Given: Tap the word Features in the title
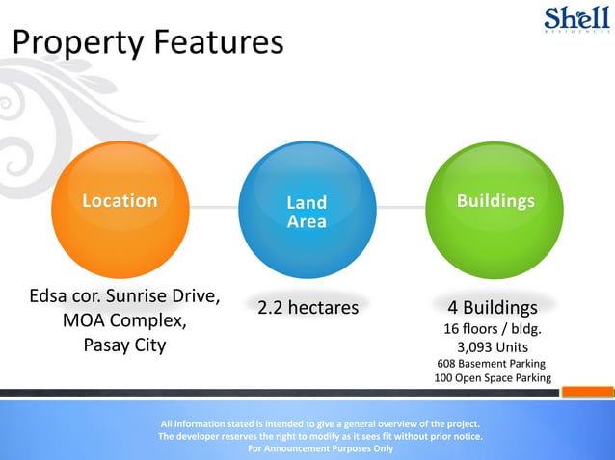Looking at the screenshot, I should click(x=214, y=44).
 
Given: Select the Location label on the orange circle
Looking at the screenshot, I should click(x=120, y=201).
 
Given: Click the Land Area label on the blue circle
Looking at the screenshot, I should click(x=307, y=213).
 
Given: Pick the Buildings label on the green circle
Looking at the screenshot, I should click(x=495, y=201).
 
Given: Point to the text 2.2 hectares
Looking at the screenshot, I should click(x=307, y=308).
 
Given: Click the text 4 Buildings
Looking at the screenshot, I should click(x=492, y=309).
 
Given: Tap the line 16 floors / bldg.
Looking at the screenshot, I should click(x=492, y=329).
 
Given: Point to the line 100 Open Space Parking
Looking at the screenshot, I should click(x=492, y=378).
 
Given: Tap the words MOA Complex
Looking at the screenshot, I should click(x=124, y=319).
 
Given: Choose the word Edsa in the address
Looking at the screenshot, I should click(x=48, y=294).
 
